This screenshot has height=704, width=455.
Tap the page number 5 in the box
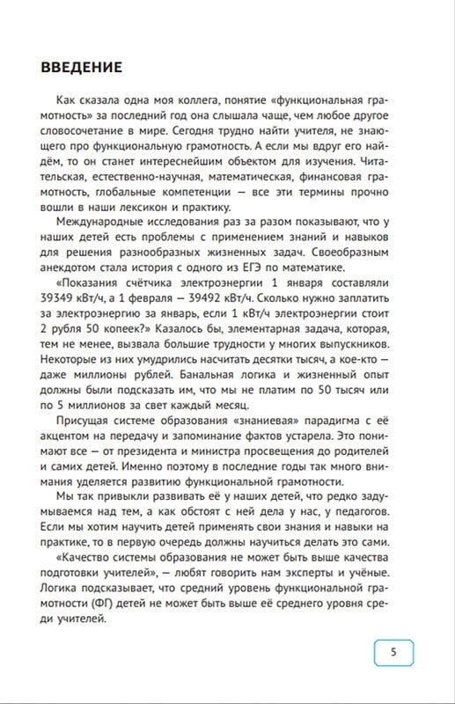393,652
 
